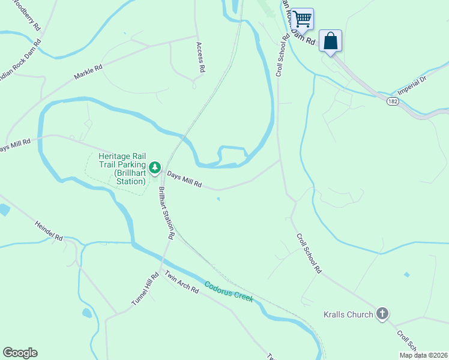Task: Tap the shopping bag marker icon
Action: coord(331,41)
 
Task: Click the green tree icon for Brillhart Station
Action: coord(155,166)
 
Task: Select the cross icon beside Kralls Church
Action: coord(382,314)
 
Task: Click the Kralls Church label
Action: coord(348,314)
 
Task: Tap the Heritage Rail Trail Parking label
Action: coord(122,168)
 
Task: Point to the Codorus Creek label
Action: coord(228,292)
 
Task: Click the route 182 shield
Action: coord(392,101)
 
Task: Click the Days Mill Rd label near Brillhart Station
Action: coord(184,179)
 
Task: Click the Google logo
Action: coord(20,353)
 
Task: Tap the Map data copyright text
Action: coord(423,355)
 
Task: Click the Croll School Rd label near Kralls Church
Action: coord(309,253)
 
